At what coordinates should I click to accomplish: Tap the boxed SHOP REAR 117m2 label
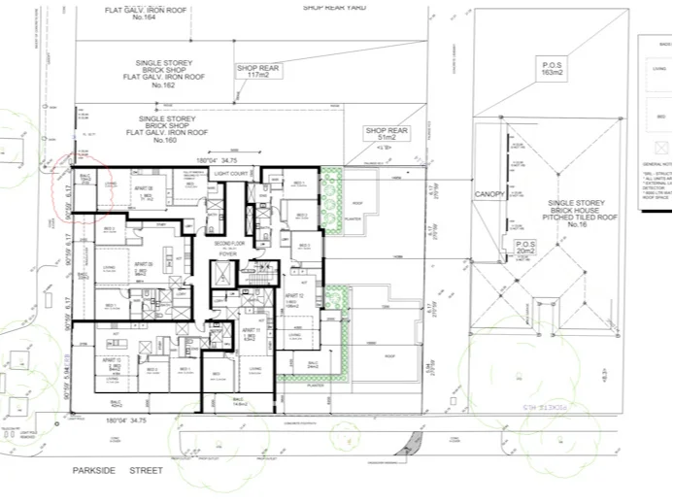[x=256, y=71]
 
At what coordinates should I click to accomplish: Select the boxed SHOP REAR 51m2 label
[x=385, y=135]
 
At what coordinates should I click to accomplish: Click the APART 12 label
[x=290, y=299]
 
